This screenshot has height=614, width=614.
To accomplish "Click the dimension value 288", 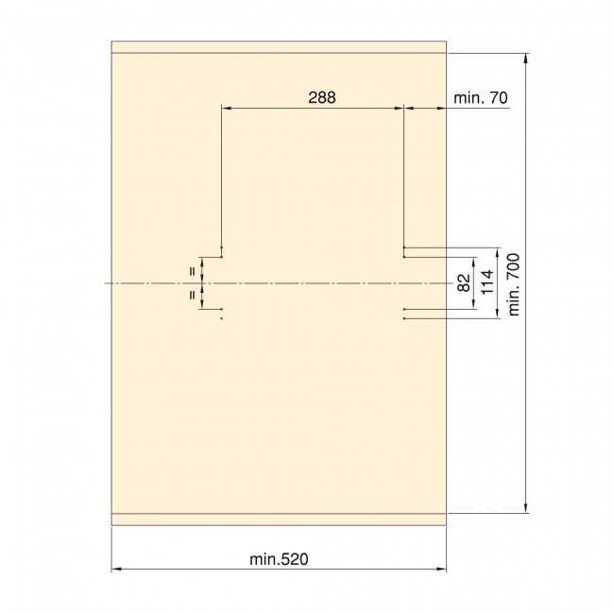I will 323,97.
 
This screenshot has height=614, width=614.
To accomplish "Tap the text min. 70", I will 482,97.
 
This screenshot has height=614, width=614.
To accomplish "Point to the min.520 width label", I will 280,559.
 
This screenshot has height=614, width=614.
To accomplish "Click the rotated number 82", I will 464,282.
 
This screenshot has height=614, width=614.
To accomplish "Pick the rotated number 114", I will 487,282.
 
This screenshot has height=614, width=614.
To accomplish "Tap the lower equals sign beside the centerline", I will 193,295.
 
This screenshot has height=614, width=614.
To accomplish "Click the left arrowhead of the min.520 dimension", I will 116,570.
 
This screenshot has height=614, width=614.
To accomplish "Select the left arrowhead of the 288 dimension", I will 226,109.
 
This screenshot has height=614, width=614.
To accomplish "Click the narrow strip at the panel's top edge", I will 279,47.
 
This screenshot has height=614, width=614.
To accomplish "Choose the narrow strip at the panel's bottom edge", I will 279,519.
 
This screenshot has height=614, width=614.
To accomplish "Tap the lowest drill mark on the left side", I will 221,318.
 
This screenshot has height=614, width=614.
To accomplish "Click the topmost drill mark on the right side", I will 404,247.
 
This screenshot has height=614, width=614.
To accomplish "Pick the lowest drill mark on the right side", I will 404,318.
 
